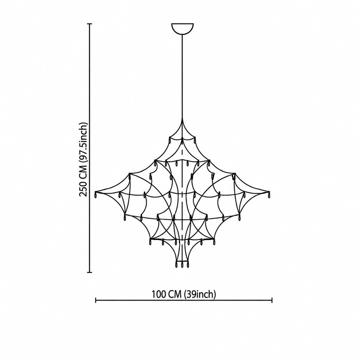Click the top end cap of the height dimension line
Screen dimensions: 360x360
coord(90,24)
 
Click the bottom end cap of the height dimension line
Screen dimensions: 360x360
coord(90,272)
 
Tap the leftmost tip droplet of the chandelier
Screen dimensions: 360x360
coord(96,195)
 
